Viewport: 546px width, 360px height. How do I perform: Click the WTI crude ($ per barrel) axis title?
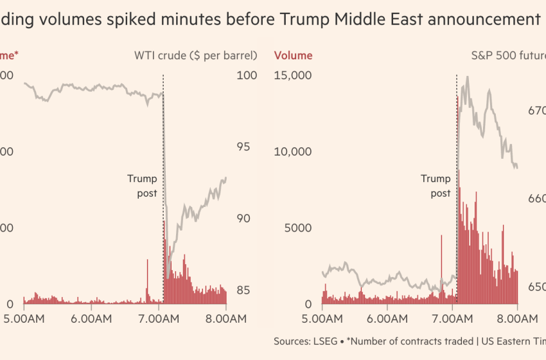(195, 55)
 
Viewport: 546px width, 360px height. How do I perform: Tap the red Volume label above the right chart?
(294, 55)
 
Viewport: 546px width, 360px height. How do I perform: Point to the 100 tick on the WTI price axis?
(247, 75)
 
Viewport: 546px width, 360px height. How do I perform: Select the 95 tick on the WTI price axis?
(243, 147)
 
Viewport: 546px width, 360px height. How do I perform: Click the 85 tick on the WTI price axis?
(243, 290)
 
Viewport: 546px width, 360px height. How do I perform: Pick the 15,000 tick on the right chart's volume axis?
(293, 75)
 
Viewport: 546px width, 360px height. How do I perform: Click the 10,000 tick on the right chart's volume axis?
(293, 152)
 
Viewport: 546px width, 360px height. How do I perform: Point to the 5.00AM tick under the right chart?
(322, 318)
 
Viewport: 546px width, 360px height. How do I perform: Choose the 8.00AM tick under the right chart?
(518, 318)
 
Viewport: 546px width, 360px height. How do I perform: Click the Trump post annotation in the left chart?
(142, 186)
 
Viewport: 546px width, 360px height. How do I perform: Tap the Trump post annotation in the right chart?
(436, 186)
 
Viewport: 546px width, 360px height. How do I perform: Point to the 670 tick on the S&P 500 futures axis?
(537, 111)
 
